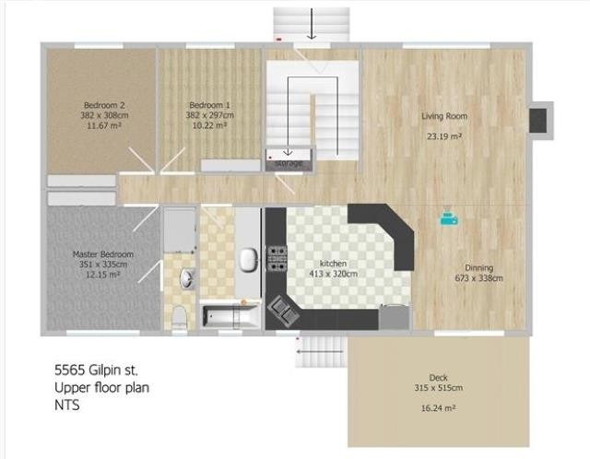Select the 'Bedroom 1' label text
209,104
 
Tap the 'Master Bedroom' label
103,253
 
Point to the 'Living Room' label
444,117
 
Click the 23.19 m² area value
443,135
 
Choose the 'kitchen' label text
332,263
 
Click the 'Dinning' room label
478,266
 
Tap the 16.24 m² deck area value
439,406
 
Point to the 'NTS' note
66,405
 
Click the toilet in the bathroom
180,315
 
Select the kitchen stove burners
276,258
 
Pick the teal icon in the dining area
447,218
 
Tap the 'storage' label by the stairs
289,162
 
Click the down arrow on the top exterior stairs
313,25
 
